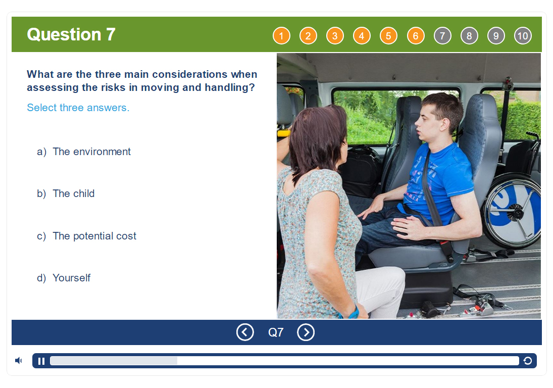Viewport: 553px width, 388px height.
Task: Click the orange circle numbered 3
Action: (335, 36)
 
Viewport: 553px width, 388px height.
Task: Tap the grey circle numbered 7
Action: (442, 36)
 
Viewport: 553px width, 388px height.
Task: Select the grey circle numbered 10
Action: (523, 36)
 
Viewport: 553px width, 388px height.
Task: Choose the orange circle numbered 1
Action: (281, 36)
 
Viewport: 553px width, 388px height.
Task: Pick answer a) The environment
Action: (84, 152)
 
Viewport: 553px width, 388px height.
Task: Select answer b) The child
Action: (66, 193)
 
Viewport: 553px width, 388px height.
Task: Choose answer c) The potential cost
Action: (86, 236)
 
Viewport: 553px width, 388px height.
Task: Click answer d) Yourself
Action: (64, 278)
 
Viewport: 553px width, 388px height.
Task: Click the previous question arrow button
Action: (245, 332)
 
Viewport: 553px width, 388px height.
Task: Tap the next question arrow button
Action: (306, 332)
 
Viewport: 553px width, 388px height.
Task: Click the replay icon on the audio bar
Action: (528, 361)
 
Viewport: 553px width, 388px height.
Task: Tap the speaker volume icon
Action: (18, 361)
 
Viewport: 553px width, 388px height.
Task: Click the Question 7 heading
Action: (71, 34)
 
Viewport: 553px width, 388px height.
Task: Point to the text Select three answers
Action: (78, 108)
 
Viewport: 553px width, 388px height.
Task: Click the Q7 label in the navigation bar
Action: (276, 332)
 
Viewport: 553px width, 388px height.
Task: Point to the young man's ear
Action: (445, 124)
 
